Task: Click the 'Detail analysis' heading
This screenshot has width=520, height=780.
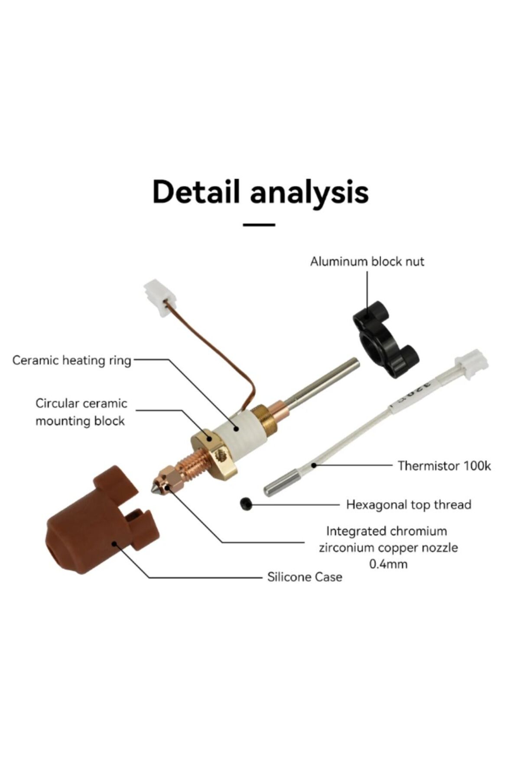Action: pyautogui.click(x=260, y=192)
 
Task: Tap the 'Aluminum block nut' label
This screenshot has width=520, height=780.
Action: pyautogui.click(x=367, y=262)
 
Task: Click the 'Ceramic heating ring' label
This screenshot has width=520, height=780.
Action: pyautogui.click(x=71, y=361)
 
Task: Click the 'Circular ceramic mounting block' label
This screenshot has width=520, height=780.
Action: pyautogui.click(x=81, y=412)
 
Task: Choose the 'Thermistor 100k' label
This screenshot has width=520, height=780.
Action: pyautogui.click(x=444, y=466)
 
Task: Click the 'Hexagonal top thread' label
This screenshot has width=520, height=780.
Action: pyautogui.click(x=409, y=505)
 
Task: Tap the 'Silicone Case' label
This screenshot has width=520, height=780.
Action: pyautogui.click(x=305, y=577)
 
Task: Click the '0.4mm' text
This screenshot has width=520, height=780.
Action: pyautogui.click(x=388, y=564)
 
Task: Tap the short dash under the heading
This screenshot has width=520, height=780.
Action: pyautogui.click(x=259, y=225)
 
